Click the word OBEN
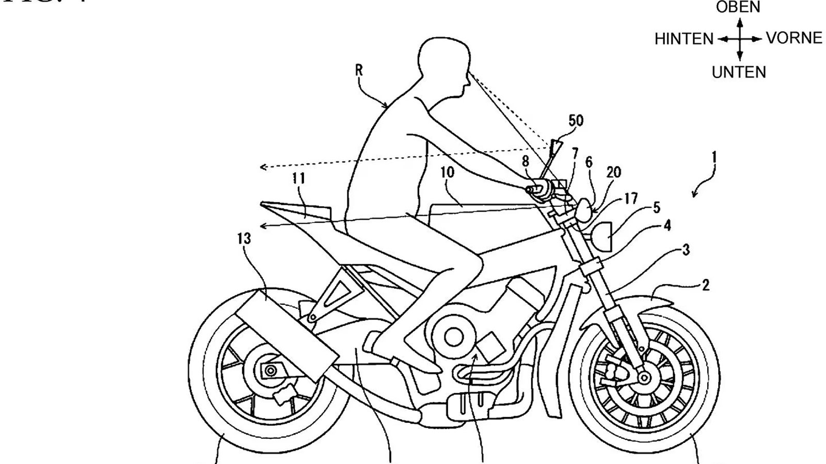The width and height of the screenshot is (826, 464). (x=738, y=7)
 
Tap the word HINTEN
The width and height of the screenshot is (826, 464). (x=684, y=39)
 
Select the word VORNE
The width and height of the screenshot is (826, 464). (x=794, y=38)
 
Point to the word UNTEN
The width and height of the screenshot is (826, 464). (x=739, y=72)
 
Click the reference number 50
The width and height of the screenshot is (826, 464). (x=576, y=121)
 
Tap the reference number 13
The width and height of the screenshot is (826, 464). (x=244, y=238)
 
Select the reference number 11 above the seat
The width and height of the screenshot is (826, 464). (x=298, y=178)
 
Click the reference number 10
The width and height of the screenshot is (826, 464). (x=447, y=172)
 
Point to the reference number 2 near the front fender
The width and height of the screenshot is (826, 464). (x=705, y=285)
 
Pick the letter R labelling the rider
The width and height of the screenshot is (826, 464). (x=359, y=70)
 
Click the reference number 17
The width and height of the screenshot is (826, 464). (x=631, y=198)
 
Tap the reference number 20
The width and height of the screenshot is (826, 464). (x=613, y=172)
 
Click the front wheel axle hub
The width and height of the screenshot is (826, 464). (x=643, y=378)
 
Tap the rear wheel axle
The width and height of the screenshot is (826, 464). (x=269, y=371)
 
